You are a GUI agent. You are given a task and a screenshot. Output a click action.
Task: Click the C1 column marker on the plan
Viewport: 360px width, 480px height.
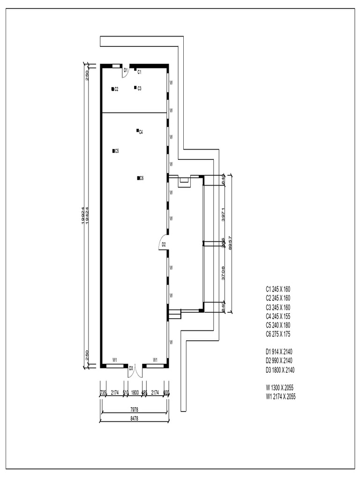pos(135,70)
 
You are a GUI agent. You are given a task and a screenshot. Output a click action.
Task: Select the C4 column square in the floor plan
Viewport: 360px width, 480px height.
pos(137,130)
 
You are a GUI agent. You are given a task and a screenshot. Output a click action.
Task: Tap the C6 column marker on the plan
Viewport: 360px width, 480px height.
pos(138,178)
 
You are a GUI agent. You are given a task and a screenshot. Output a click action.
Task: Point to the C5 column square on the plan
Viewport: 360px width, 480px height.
pos(113,151)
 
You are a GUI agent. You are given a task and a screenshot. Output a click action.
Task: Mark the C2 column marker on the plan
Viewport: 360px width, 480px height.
pos(113,89)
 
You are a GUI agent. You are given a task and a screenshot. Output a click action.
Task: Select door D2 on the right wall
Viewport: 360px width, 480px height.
pos(163,244)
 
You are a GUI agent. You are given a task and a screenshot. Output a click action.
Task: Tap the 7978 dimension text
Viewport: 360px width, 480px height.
pos(134,409)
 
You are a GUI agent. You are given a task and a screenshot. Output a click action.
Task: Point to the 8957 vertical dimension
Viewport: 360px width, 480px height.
pos(230,244)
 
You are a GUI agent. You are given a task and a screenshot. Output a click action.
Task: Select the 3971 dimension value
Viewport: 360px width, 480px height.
pos(224,214)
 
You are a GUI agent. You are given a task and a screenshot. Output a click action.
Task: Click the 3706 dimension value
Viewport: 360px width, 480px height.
pos(224,273)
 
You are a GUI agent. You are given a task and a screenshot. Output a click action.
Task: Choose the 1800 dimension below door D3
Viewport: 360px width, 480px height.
pos(135,392)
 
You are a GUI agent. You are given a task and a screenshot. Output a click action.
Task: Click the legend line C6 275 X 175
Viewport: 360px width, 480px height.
pos(278,334)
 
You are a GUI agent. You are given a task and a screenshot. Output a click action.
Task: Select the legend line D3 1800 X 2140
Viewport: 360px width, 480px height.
pos(280,370)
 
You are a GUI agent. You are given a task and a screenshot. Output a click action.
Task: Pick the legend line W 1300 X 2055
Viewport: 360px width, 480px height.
pos(279,388)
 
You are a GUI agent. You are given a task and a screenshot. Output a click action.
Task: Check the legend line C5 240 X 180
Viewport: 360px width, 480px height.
pos(278,325)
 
